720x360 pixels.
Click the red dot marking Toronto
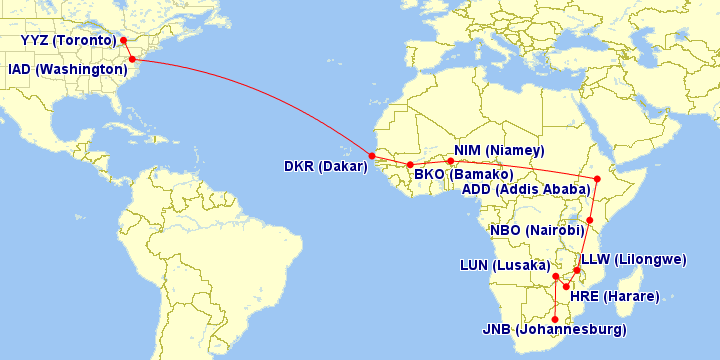[x=123, y=41]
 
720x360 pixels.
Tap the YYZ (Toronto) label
[x=67, y=40]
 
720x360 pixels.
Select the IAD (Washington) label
[x=67, y=70]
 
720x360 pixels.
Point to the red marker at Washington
[x=133, y=60]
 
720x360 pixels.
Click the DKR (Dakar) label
[x=326, y=166]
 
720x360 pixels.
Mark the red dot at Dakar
[x=372, y=156]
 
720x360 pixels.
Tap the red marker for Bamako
[x=410, y=165]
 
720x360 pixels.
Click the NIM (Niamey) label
[x=498, y=151]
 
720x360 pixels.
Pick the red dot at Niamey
[x=450, y=160]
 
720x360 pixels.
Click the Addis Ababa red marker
[x=597, y=180]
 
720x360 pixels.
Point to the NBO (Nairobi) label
[x=536, y=230]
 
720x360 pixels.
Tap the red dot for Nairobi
[x=590, y=220]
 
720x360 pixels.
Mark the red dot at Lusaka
[x=555, y=275]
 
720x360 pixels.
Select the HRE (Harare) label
[x=614, y=297]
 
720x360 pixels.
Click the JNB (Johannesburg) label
[x=554, y=330]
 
